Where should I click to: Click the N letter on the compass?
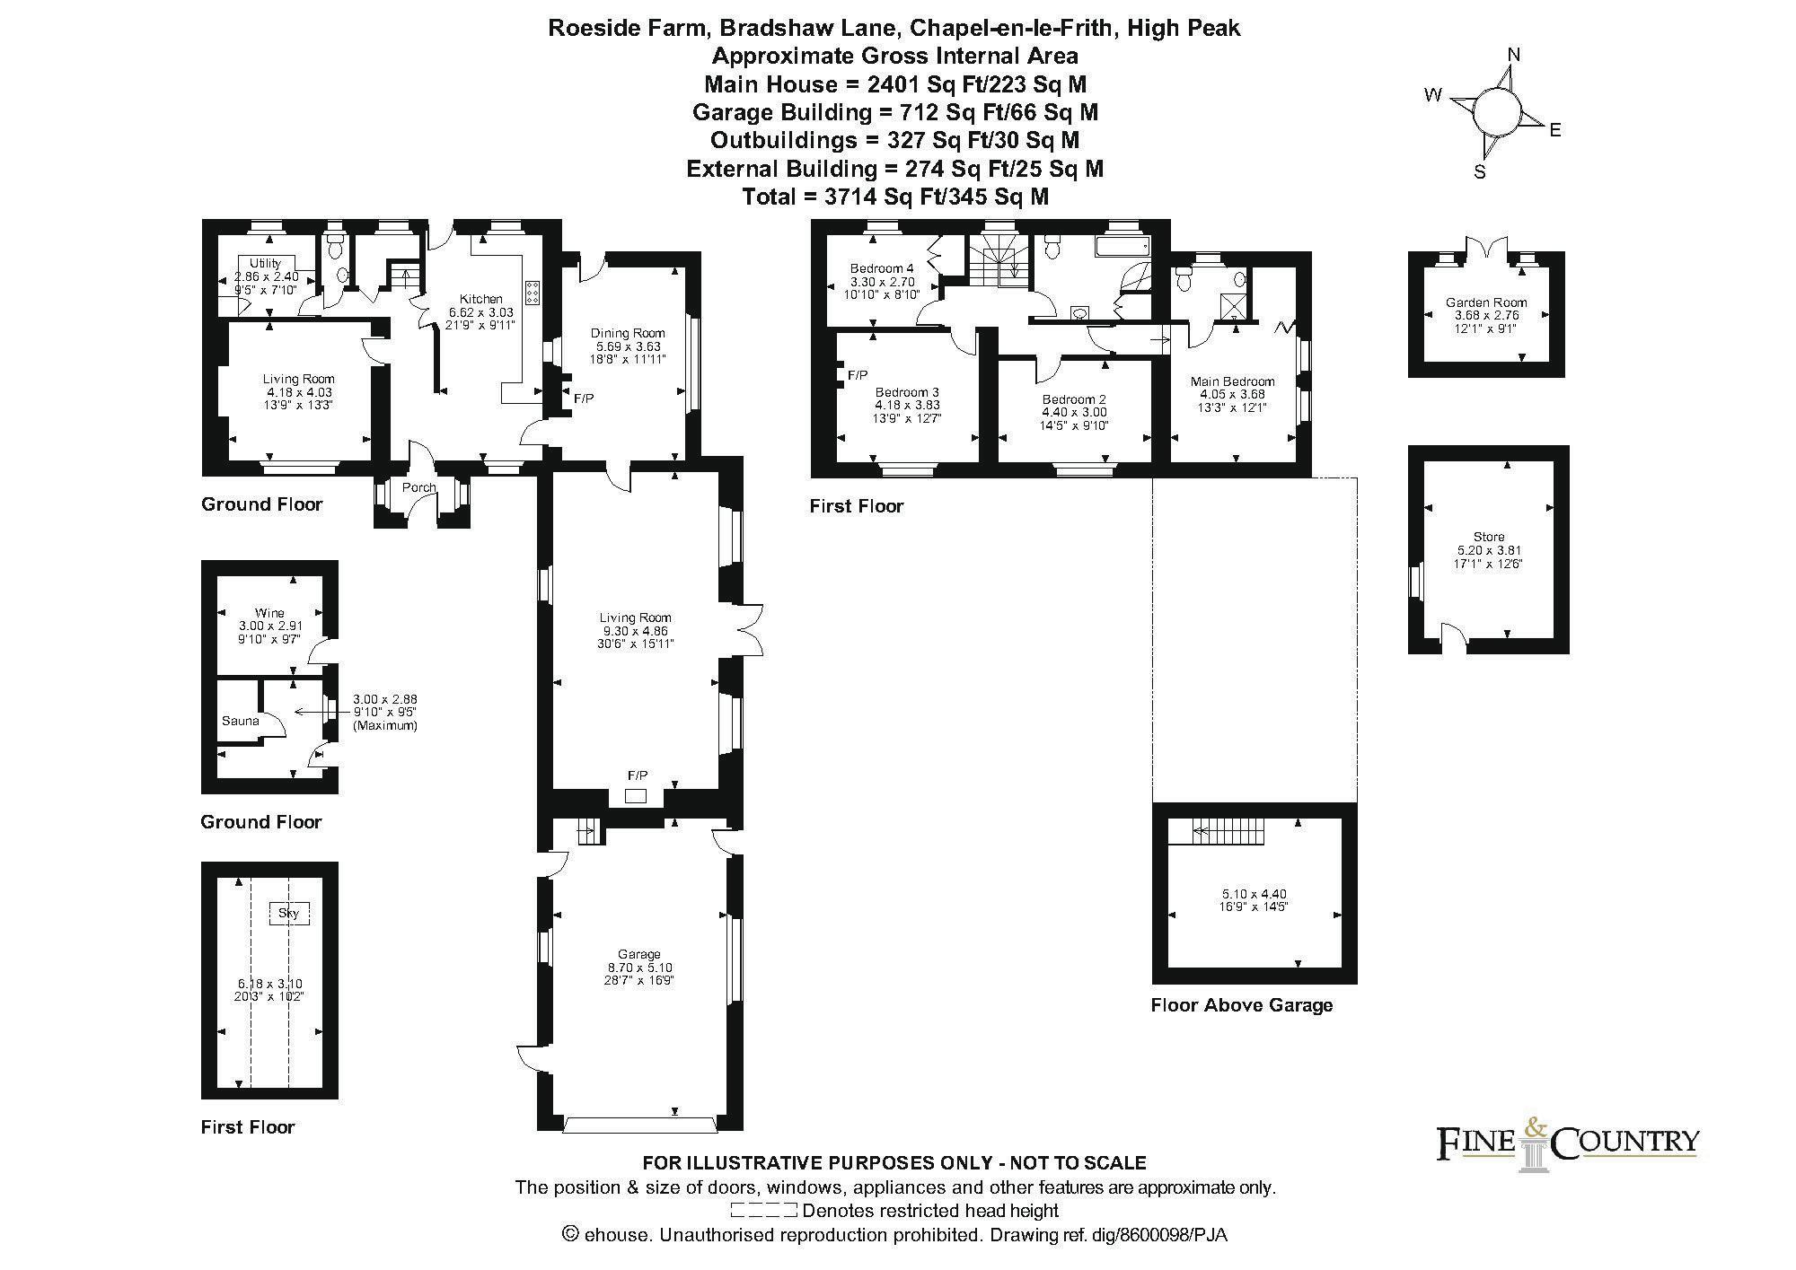coord(1514,55)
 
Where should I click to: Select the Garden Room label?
coord(1486,302)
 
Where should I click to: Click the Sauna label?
coord(240,721)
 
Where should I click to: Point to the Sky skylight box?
coord(288,914)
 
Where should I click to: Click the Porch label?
coord(418,487)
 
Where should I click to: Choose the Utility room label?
coord(265,263)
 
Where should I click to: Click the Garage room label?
coord(638,954)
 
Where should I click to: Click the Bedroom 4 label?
coord(882,267)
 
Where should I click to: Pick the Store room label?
coord(1488,537)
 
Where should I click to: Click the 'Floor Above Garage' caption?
coord(1241,1005)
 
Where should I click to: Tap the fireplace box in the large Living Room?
coord(636,796)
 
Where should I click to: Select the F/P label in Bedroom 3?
coord(857,375)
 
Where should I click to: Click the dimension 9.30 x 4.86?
coord(635,631)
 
